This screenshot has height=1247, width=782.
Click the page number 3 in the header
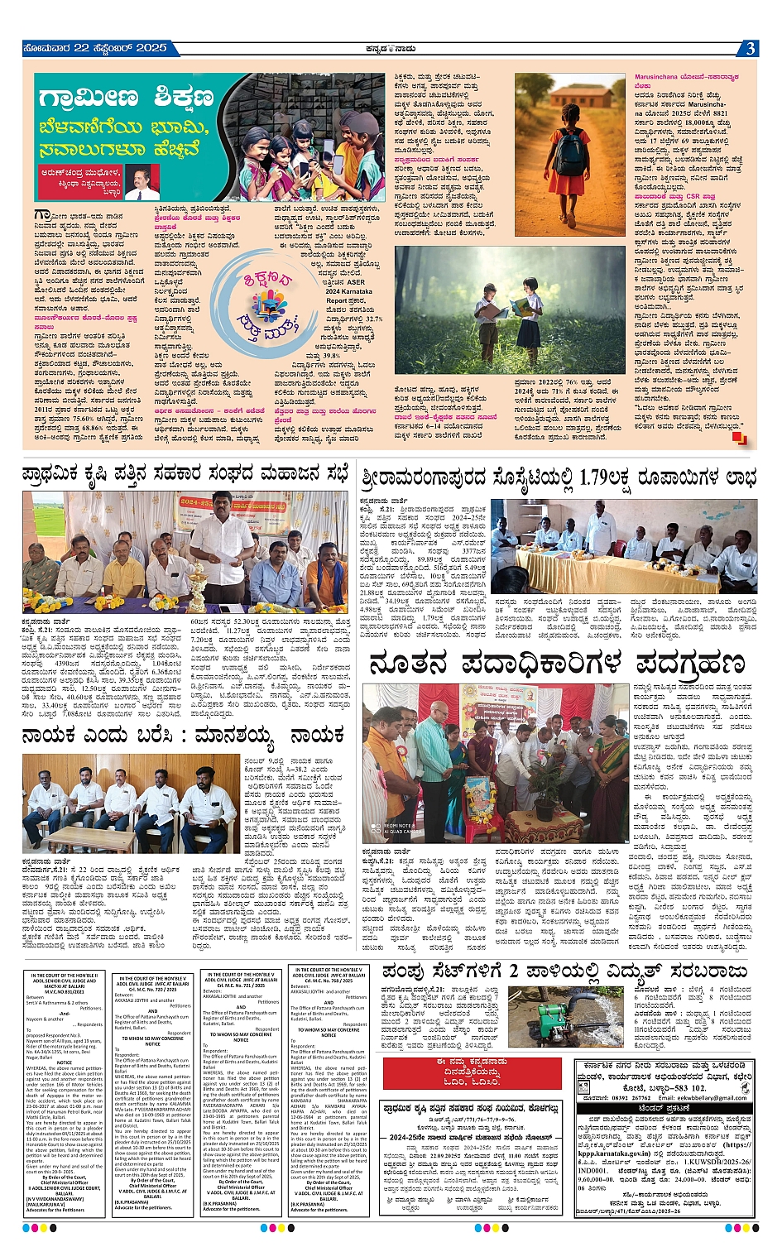tap(749, 48)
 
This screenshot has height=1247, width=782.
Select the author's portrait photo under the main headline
tap(142, 183)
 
